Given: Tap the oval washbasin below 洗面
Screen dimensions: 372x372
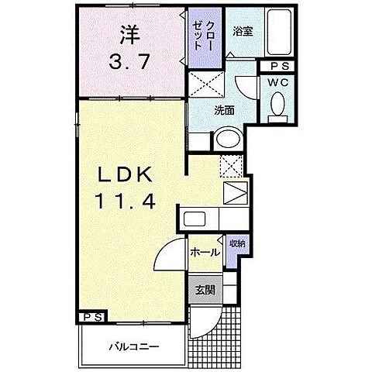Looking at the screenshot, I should tap(227, 140).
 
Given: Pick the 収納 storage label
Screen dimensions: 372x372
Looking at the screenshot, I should tap(236, 243).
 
